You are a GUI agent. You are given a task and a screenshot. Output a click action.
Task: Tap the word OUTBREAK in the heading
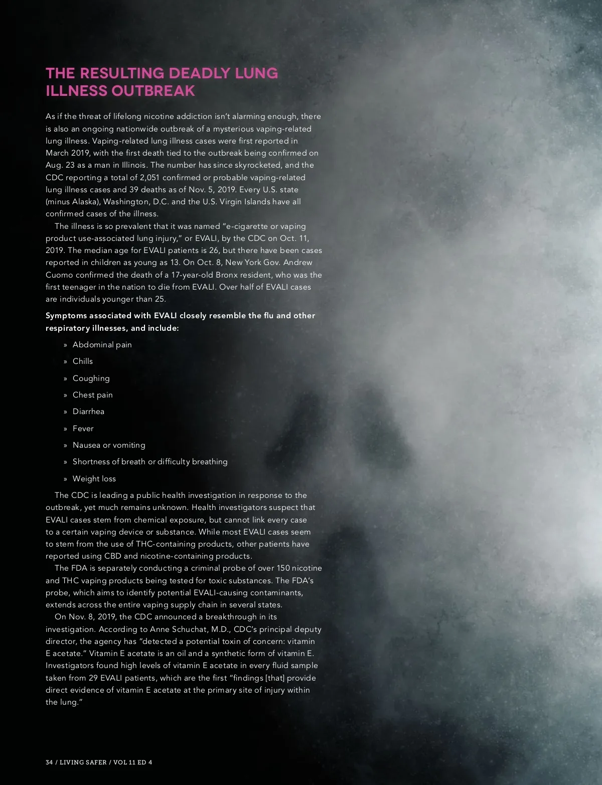point(153,91)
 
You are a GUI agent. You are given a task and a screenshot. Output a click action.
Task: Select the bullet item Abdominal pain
point(102,345)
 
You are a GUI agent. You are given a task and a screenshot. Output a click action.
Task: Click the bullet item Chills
point(83,361)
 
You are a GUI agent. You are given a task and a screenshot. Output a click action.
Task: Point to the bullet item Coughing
point(91,378)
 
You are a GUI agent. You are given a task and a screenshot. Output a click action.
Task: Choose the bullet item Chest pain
point(92,395)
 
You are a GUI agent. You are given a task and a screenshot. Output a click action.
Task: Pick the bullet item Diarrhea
point(88,412)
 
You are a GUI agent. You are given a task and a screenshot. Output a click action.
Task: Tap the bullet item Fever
point(83,429)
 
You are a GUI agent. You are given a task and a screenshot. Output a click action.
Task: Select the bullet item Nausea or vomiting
point(109,445)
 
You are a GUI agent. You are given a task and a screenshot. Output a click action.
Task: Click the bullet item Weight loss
point(94,479)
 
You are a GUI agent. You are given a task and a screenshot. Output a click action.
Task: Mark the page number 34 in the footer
point(49,762)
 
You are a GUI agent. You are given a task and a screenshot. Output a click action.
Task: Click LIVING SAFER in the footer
point(83,762)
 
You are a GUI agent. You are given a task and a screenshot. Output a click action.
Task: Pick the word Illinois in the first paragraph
point(134,165)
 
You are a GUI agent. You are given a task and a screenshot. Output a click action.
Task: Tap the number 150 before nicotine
point(283,568)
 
